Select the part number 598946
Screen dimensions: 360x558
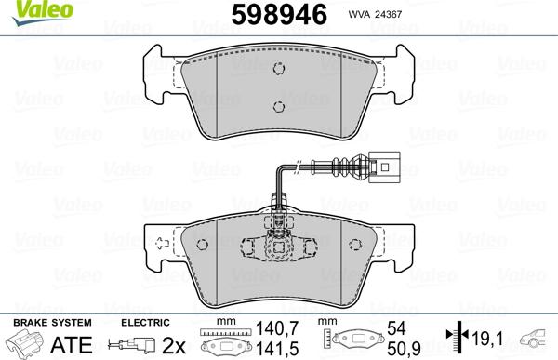pyautogui.click(x=272, y=15)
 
